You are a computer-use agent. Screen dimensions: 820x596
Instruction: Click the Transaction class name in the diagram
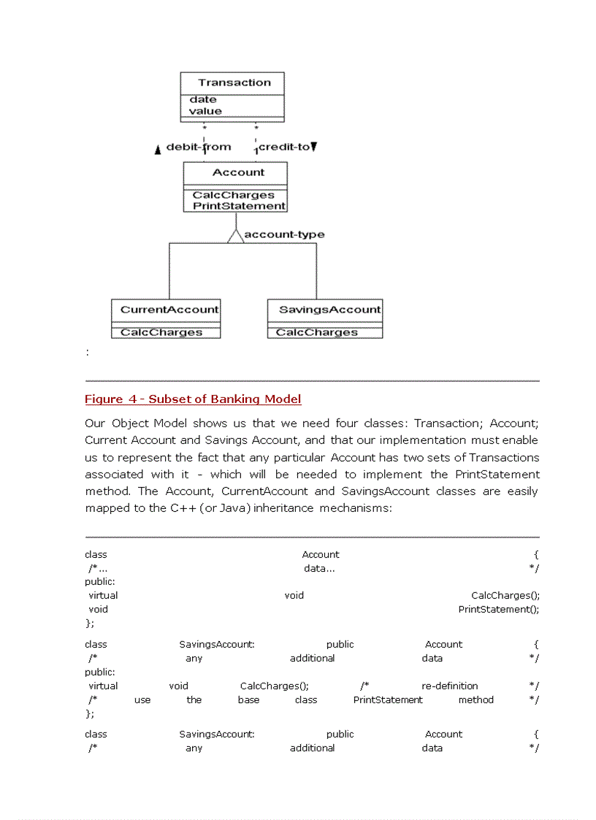click(234, 83)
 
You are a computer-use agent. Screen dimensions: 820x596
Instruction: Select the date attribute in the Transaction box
click(203, 99)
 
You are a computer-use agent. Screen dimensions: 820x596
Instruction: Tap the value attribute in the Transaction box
click(205, 111)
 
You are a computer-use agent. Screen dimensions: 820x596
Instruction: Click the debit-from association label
click(199, 147)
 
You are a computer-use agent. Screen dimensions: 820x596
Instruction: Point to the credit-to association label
click(284, 147)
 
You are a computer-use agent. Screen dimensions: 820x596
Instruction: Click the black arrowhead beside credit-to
click(314, 147)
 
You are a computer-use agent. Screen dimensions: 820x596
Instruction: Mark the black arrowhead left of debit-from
click(158, 150)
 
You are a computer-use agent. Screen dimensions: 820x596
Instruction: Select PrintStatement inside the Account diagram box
click(239, 206)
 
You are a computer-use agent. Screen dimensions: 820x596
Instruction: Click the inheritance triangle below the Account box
click(235, 235)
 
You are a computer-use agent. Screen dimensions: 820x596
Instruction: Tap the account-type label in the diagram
click(284, 234)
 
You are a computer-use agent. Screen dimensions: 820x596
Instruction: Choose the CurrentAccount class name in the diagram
click(169, 310)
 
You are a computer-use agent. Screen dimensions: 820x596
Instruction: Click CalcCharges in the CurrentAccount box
click(161, 332)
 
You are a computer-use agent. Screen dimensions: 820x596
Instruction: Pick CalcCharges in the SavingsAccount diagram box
click(317, 332)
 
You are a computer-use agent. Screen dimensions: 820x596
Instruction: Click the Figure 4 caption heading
click(193, 399)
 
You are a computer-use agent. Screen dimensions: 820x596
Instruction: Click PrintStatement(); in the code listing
click(499, 609)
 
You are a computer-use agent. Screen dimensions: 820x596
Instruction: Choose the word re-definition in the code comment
click(450, 686)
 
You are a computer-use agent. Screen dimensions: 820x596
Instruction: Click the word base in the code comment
click(248, 700)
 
